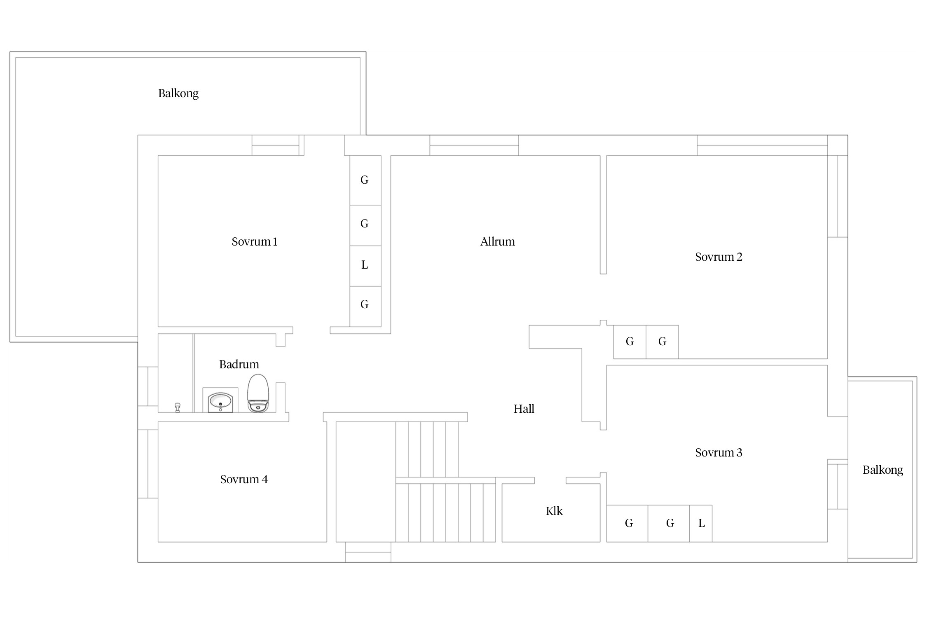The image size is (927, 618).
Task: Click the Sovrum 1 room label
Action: point(255,241)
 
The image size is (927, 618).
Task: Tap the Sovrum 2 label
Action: point(719,257)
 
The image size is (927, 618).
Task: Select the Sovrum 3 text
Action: point(719,452)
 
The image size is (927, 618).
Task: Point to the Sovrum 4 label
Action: point(244,479)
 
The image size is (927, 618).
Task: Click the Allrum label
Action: point(497,241)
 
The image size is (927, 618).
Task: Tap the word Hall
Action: point(524,409)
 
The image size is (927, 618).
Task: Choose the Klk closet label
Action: point(554,511)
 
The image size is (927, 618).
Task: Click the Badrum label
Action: point(239,364)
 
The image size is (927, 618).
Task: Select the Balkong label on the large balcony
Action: point(178,94)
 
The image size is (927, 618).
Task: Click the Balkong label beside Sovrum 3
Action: point(883,470)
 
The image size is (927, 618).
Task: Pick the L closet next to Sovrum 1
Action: point(365,266)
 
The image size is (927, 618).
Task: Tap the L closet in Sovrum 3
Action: point(701,523)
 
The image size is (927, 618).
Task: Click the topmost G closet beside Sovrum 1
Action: point(365,180)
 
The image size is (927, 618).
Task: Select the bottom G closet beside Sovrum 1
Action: point(365,306)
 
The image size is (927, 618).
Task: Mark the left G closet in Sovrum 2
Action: point(630,342)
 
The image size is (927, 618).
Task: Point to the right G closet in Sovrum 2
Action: point(662,342)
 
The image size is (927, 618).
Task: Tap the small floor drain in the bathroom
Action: point(178,407)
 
